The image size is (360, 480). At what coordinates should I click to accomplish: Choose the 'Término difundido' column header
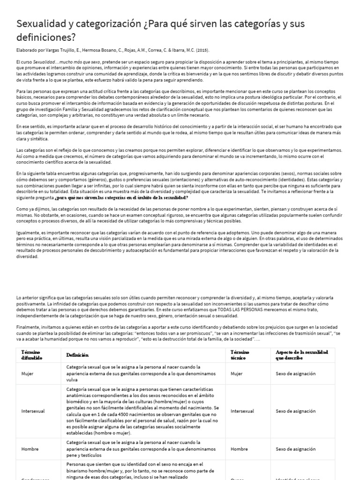31,355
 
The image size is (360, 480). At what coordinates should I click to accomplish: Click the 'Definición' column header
78,355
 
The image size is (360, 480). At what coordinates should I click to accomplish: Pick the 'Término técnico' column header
240,355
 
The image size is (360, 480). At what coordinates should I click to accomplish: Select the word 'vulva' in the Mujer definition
74,381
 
